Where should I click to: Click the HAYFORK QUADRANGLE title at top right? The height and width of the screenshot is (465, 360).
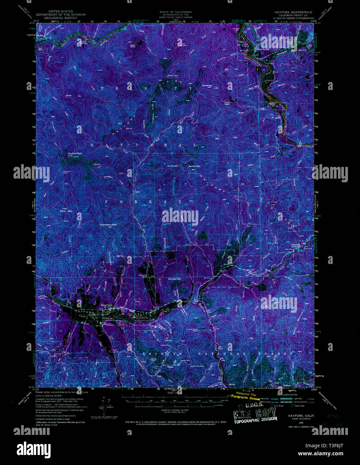(293, 12)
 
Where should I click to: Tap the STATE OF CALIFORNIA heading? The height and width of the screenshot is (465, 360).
(175, 12)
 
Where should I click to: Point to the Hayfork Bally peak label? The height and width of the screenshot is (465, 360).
(75, 153)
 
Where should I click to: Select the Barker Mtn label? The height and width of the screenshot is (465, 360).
(194, 166)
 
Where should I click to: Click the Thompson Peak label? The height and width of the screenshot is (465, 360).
(108, 225)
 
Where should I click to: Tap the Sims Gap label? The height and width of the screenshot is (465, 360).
(66, 211)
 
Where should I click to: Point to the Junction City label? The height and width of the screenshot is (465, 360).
(263, 49)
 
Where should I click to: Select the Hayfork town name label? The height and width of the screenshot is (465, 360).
(106, 305)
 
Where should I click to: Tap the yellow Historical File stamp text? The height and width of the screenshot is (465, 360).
(245, 395)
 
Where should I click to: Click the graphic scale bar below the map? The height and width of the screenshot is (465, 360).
(175, 400)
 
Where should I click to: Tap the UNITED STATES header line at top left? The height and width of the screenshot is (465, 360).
(61, 11)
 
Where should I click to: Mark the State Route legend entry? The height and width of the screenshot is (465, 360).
(299, 406)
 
